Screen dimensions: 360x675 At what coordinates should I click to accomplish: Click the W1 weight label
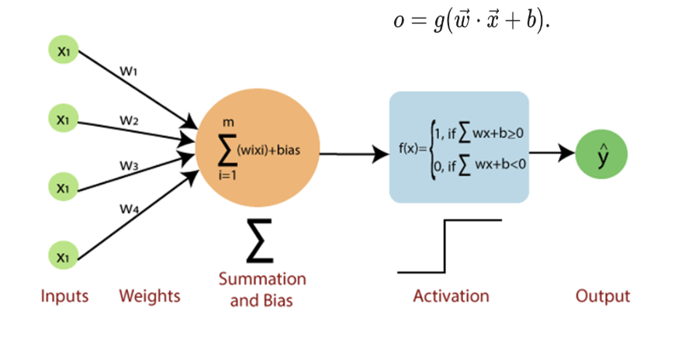129,71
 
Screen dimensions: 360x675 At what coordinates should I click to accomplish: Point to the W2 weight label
129,120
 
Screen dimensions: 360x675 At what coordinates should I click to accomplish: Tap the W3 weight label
129,165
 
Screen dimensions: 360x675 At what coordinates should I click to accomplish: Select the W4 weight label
128,208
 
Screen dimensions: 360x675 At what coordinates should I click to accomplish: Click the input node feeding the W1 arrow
63,50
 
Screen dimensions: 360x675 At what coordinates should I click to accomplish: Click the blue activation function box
459,147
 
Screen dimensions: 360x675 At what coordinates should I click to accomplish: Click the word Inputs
64,296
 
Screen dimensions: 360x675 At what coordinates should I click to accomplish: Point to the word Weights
150,296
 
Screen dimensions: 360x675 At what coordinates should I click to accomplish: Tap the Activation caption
451,296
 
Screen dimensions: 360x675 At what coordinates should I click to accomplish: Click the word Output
603,296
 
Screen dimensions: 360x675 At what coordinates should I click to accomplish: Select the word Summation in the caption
262,279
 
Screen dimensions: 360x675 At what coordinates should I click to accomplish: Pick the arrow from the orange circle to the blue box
354,153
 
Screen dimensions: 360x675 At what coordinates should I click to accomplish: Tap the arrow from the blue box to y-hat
553,153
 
